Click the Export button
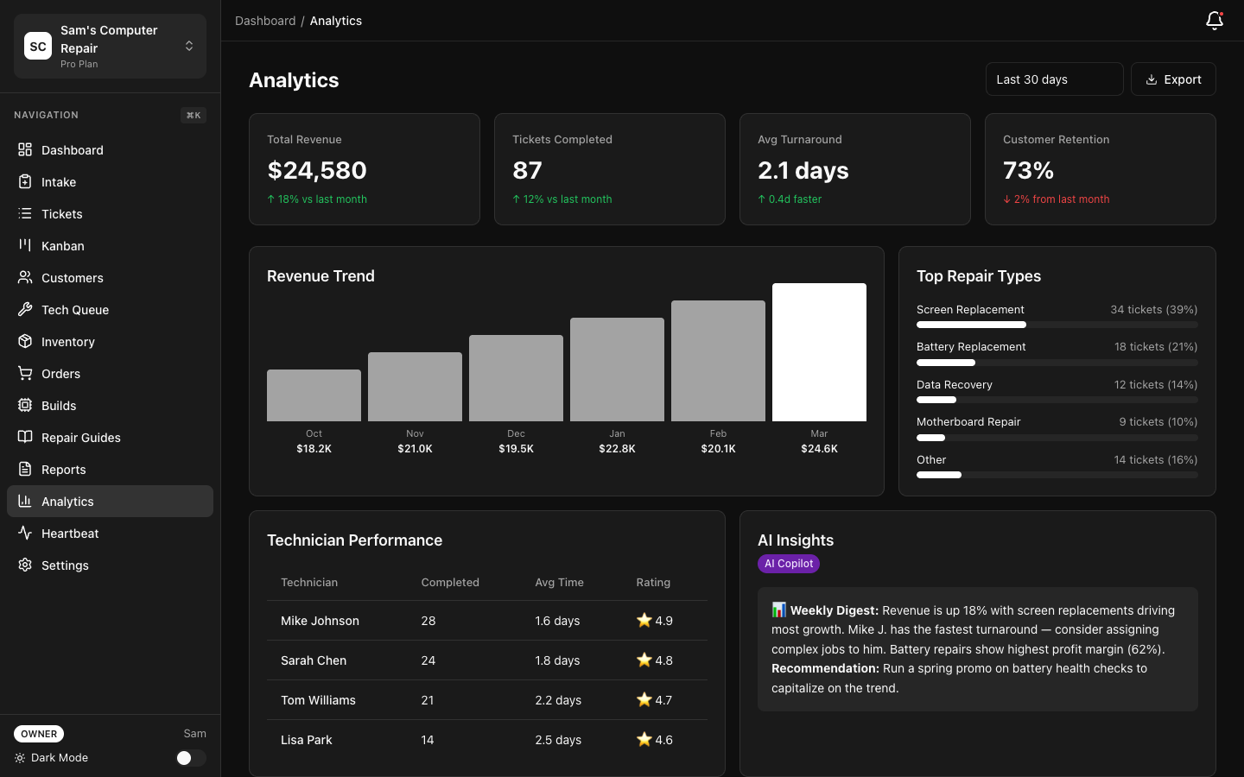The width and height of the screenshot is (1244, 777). pyautogui.click(x=1172, y=79)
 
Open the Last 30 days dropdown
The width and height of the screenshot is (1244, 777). pyautogui.click(x=1053, y=79)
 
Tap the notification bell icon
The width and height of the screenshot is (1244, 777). pyautogui.click(x=1214, y=21)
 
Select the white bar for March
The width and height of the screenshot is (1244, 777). pyautogui.click(x=819, y=352)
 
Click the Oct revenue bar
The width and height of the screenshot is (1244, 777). pyautogui.click(x=314, y=395)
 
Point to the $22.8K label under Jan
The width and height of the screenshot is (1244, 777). pyautogui.click(x=617, y=449)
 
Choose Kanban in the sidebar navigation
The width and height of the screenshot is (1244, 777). pyautogui.click(x=63, y=246)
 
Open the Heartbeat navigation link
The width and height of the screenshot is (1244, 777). pyautogui.click(x=70, y=534)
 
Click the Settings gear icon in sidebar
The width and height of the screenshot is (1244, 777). pyautogui.click(x=25, y=565)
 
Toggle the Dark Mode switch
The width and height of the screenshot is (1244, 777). pyautogui.click(x=190, y=758)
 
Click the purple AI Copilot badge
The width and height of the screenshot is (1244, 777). pyautogui.click(x=788, y=564)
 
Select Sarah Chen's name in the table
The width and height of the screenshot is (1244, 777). pyautogui.click(x=314, y=660)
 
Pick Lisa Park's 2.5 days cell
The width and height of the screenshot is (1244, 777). pyautogui.click(x=558, y=740)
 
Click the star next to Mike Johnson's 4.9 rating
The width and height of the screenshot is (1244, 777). pyautogui.click(x=644, y=620)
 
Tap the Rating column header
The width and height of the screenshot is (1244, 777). pyautogui.click(x=653, y=583)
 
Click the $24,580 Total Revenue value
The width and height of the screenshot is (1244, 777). pyautogui.click(x=317, y=171)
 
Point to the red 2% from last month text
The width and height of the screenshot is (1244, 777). pyautogui.click(x=1061, y=199)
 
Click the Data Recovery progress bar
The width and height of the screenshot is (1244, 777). pyautogui.click(x=1057, y=400)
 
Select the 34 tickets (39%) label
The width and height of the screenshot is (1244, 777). pyautogui.click(x=1153, y=310)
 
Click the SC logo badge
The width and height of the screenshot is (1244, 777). pyautogui.click(x=38, y=47)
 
